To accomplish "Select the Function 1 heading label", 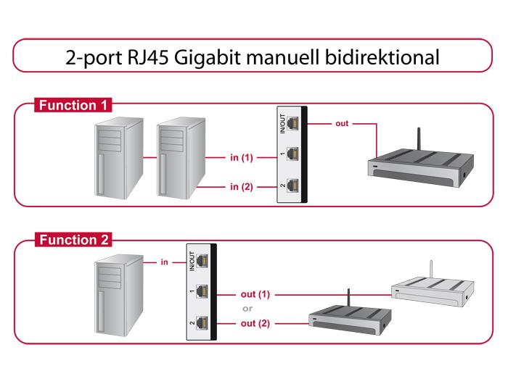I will [x=73, y=106].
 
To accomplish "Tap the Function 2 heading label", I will [x=73, y=241].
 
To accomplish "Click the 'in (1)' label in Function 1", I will [x=242, y=156].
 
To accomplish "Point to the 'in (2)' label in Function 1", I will [x=242, y=187].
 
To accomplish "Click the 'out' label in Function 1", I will [x=342, y=123].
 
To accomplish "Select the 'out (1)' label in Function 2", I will [x=255, y=295].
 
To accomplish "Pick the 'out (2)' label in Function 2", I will [x=255, y=323].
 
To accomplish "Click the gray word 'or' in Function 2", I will [x=247, y=309].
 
